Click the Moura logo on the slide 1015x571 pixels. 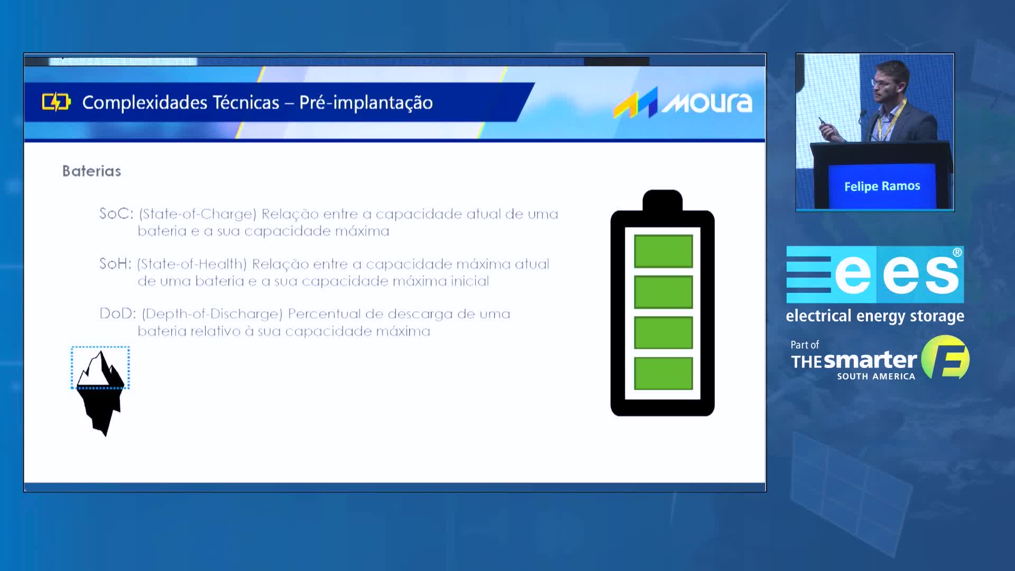(682, 102)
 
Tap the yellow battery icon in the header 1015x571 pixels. (56, 102)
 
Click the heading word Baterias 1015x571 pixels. (91, 171)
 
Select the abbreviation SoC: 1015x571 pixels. (116, 214)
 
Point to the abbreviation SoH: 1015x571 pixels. (115, 263)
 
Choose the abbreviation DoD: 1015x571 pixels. (118, 314)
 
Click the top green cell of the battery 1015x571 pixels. (663, 251)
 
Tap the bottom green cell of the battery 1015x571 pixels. (663, 373)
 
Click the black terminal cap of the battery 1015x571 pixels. (662, 200)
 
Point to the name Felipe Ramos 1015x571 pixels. (882, 186)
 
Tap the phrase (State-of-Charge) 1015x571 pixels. (198, 214)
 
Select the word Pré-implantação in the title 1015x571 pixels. (366, 103)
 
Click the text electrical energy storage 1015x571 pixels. (875, 316)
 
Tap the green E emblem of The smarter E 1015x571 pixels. (946, 357)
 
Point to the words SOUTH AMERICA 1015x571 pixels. (876, 376)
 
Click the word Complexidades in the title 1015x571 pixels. (181, 103)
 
